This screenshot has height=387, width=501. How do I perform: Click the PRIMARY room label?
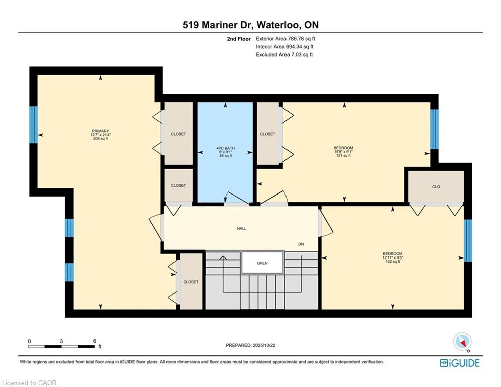pos(100,131)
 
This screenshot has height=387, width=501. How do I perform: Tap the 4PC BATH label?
pos(225,148)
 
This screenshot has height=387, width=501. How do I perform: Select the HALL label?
pos(242,228)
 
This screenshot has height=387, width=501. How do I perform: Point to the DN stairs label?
pos(301,244)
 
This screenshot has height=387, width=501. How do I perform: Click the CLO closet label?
pos(436,187)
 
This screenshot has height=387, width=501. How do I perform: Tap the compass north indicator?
pos(462,342)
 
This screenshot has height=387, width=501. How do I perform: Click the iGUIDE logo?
pos(460,363)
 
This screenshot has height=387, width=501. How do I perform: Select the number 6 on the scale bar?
pos(95,341)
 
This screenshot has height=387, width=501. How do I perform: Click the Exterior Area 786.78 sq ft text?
pos(285,39)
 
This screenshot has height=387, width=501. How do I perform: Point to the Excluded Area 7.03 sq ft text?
pos(284,55)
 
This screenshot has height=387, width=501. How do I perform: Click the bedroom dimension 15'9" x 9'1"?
pos(343,152)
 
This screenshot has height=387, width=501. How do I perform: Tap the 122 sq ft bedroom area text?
pos(393,262)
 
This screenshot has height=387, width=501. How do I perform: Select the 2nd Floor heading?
pos(239,39)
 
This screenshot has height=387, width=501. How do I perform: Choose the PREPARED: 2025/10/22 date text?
pos(251,345)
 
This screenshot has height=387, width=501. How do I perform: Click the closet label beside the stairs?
pos(191,282)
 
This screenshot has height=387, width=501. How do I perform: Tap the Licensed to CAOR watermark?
pos(29,383)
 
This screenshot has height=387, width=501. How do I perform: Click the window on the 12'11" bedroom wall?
pos(467,240)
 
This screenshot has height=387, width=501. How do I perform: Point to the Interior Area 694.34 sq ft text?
pos(284,47)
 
